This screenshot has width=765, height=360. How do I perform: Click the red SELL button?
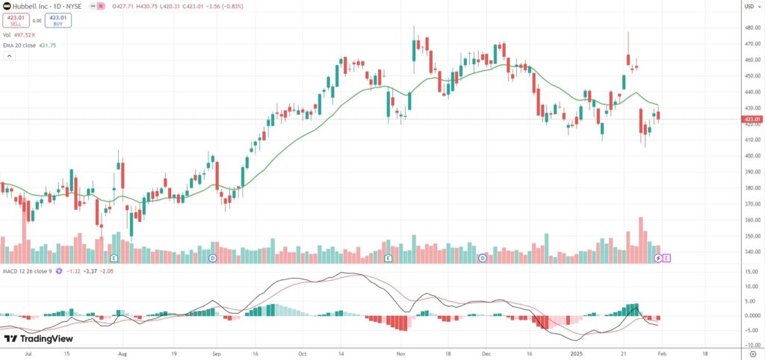point(15,21)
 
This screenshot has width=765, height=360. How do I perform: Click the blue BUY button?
point(58,21)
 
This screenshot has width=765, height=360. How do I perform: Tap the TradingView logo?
point(37,339)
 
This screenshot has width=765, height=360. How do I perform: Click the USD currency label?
point(748,7)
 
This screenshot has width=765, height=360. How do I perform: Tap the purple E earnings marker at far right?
point(666,258)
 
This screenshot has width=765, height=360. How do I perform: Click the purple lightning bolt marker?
point(658,258)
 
